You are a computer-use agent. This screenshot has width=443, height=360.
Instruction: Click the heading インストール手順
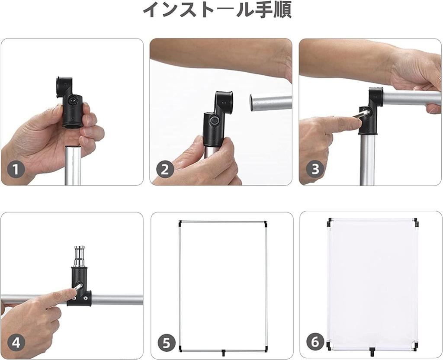[x=217, y=10]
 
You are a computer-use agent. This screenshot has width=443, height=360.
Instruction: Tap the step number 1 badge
[x=16, y=170]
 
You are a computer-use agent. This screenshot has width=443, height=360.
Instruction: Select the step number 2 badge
[x=165, y=170]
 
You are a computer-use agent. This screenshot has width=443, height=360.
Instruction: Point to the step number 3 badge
[x=315, y=169]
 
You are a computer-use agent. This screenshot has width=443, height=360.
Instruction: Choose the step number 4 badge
[x=16, y=343]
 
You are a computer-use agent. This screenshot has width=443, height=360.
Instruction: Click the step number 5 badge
[x=167, y=343]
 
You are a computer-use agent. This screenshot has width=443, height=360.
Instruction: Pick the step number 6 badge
[x=315, y=342]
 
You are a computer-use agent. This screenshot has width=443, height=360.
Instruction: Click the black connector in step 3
[x=370, y=111]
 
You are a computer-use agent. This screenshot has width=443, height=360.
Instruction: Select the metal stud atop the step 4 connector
[x=80, y=257]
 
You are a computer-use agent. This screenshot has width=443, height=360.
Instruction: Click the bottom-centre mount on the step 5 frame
[x=223, y=352]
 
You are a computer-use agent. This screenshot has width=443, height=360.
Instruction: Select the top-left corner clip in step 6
[x=330, y=223]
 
